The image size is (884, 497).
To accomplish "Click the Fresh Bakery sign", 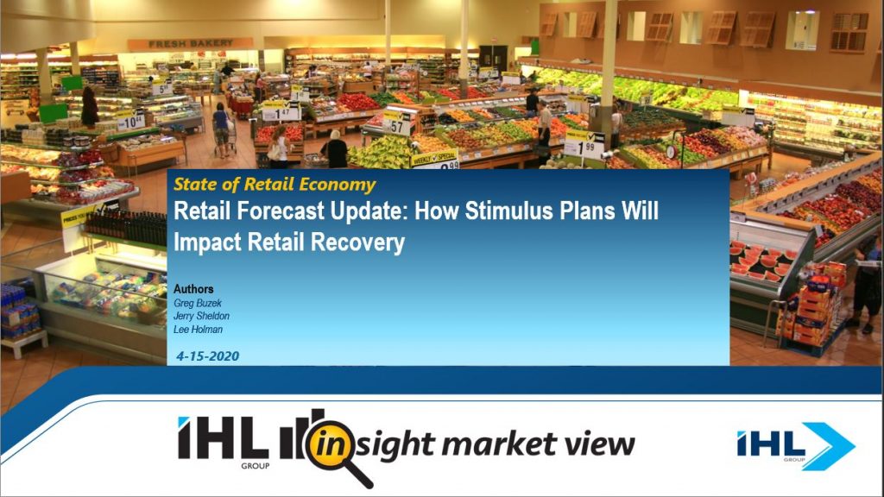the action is [x=190, y=43].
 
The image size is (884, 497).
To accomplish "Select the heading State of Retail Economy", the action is [x=274, y=185].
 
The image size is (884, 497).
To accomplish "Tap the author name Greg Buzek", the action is [x=198, y=303].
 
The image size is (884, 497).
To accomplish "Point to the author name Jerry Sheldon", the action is [x=201, y=316].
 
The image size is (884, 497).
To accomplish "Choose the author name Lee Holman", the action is [x=198, y=330].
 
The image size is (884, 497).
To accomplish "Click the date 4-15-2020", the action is [x=207, y=356].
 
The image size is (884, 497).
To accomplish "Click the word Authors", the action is [x=193, y=289].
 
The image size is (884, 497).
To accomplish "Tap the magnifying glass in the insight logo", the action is [x=338, y=450].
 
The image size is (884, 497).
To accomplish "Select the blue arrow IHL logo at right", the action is [x=795, y=446].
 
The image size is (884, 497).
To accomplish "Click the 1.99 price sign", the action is [x=584, y=145].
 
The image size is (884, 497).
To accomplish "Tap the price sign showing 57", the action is [x=397, y=124].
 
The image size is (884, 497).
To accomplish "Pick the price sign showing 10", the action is [x=130, y=121].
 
